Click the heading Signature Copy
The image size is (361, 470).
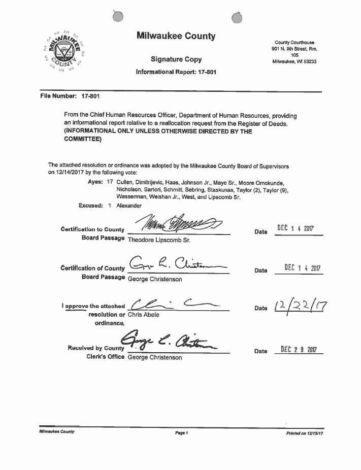point(176,59)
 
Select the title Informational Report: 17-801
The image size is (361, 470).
point(176,72)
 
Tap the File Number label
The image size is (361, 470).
point(58,96)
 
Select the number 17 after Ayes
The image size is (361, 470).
point(110,182)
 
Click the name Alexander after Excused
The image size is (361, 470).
point(129,206)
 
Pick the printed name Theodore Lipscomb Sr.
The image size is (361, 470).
point(159,238)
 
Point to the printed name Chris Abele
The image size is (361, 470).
point(143,315)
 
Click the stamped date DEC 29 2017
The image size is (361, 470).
point(298,349)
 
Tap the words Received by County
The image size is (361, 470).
point(95,348)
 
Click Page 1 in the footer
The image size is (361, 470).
point(181,433)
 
